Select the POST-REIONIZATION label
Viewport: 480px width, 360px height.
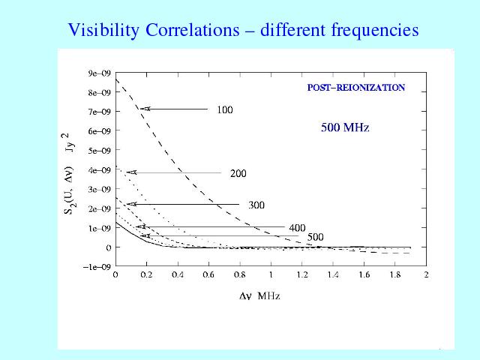point(356,88)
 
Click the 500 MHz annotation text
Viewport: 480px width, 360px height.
point(345,128)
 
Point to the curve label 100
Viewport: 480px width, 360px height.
point(224,110)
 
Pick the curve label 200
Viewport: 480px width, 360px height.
point(238,174)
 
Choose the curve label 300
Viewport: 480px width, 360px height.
point(256,205)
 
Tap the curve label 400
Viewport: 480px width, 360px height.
point(297,227)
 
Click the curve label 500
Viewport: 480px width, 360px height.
point(315,237)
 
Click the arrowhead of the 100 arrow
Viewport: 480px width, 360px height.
point(145,109)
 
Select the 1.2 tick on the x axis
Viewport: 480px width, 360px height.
point(301,276)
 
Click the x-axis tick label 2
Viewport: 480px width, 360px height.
point(426,276)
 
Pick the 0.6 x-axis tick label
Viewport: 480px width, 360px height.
point(208,276)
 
